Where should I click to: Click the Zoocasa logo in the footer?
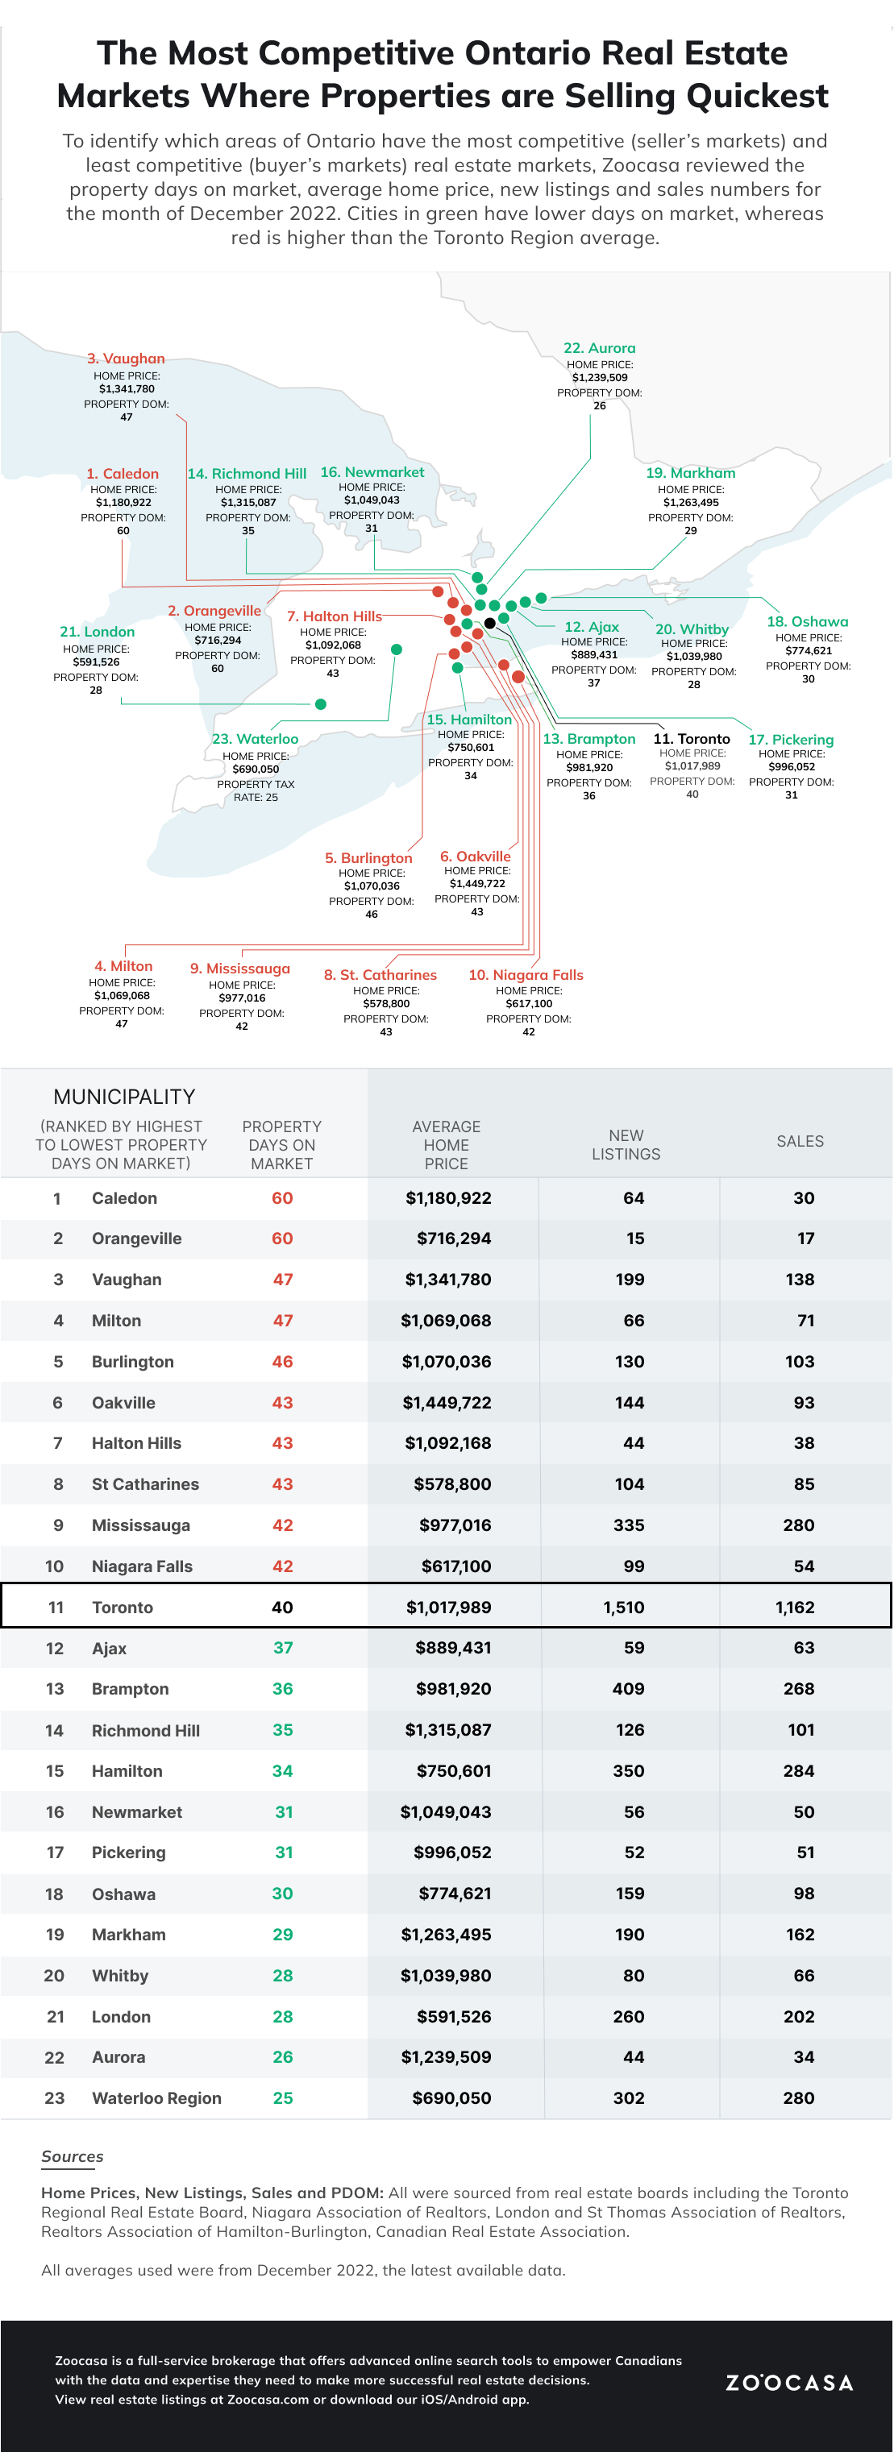788,2382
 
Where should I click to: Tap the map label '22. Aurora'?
599,348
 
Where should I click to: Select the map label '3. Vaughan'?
126,359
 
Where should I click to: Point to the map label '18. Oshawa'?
808,621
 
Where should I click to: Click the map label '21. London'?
97,632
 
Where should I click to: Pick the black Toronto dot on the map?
489,624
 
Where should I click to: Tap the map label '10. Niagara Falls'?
526,975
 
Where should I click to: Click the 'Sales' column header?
800,1141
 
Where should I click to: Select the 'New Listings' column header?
626,1144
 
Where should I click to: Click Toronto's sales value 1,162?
794,1608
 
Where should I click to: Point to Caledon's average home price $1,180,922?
448,1198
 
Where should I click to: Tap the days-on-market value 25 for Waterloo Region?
283,2098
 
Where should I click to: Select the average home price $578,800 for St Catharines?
452,1484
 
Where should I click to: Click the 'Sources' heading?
73,2157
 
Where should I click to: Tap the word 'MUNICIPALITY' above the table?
124,1097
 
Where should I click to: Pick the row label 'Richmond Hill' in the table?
146,1731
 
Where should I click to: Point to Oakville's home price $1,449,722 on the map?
477,883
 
